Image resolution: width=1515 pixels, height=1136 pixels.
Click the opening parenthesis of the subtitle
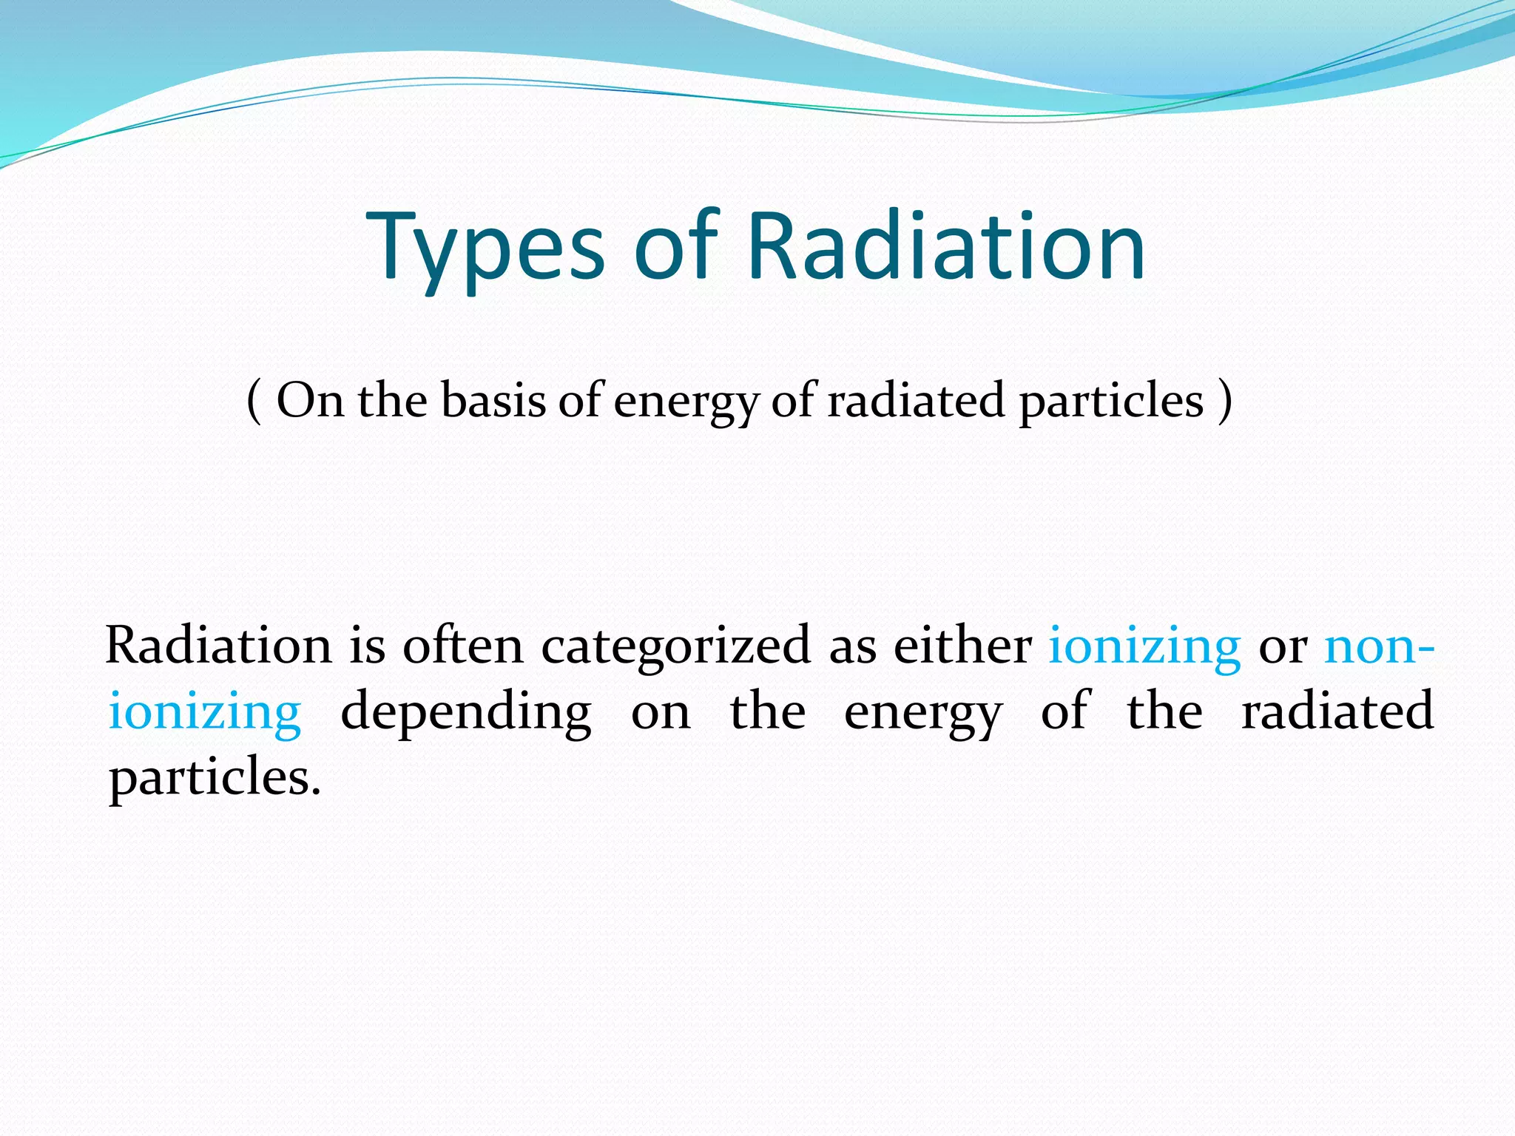pyautogui.click(x=254, y=402)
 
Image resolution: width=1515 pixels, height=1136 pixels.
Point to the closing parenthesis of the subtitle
pyautogui.click(x=1224, y=402)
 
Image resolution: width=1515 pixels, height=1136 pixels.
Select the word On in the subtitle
pyautogui.click(x=310, y=402)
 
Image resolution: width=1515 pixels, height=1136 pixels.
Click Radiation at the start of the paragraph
pyautogui.click(x=218, y=646)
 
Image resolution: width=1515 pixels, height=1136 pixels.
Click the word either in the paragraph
pyautogui.click(x=962, y=646)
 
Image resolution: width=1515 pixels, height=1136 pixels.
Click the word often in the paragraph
pyautogui.click(x=463, y=646)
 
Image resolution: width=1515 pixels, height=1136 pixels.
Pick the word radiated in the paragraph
pyautogui.click(x=1337, y=711)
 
